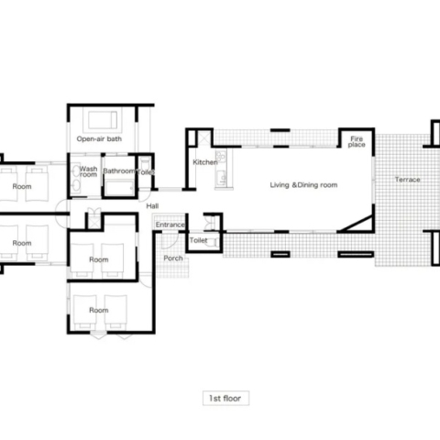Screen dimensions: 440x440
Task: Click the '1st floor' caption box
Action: coord(225,398)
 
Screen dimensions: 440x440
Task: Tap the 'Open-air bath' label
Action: coord(99,139)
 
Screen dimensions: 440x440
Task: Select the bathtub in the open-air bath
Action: coord(103,120)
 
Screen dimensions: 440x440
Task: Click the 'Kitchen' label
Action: coord(205,162)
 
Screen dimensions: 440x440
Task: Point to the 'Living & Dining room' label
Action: coord(303,185)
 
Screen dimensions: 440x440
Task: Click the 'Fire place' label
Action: coord(357,142)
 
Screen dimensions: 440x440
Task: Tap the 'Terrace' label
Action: coord(407,180)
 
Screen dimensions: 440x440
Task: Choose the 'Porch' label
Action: coord(173,258)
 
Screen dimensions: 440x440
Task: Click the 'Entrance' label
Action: coord(170,225)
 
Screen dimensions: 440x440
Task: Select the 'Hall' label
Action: coord(152,206)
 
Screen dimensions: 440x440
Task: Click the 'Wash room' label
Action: coord(88,171)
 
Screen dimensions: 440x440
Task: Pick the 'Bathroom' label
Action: coord(118,171)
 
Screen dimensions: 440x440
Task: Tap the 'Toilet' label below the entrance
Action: coord(198,240)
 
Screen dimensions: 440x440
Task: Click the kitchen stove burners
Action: coord(221,156)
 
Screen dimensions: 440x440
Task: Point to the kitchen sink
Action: coord(221,178)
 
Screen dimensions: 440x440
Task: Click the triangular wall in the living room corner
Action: coord(358,225)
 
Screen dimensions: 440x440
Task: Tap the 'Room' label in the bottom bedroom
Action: coord(99,310)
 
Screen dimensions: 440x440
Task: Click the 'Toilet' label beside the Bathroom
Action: coord(146,172)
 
